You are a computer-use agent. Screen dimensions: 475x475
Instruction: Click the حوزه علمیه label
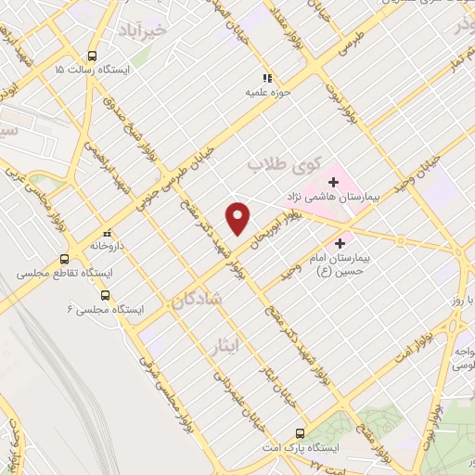coord(263,93)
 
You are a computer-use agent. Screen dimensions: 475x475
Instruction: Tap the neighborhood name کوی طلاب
coord(280,164)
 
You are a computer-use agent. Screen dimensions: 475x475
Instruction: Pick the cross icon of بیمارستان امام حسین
coord(340,242)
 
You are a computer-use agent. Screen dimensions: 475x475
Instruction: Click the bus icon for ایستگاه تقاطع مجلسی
coord(64,260)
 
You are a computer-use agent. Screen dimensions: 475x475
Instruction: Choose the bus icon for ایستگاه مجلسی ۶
coord(104,295)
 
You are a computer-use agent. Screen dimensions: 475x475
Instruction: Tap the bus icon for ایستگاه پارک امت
coord(299,433)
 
